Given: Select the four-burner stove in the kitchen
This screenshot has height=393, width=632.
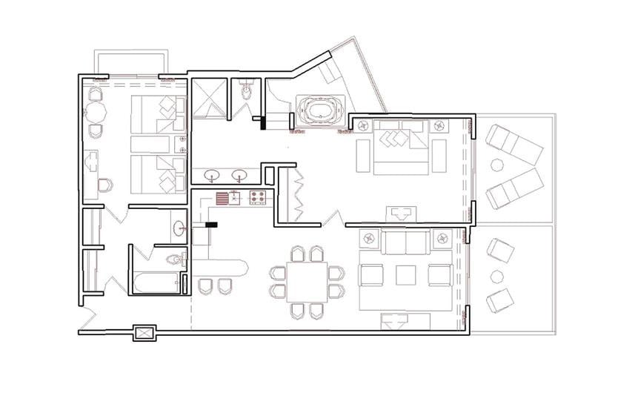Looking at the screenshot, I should (259, 198).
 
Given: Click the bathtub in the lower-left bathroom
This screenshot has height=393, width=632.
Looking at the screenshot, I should (156, 283).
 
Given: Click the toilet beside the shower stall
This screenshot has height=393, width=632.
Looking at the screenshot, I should (247, 93).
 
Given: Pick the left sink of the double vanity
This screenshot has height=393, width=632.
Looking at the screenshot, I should (213, 176).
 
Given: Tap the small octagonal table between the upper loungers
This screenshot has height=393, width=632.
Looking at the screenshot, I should (496, 165).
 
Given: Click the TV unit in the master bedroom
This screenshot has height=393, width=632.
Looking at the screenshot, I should (401, 214).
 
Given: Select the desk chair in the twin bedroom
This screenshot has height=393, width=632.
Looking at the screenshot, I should (106, 184).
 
